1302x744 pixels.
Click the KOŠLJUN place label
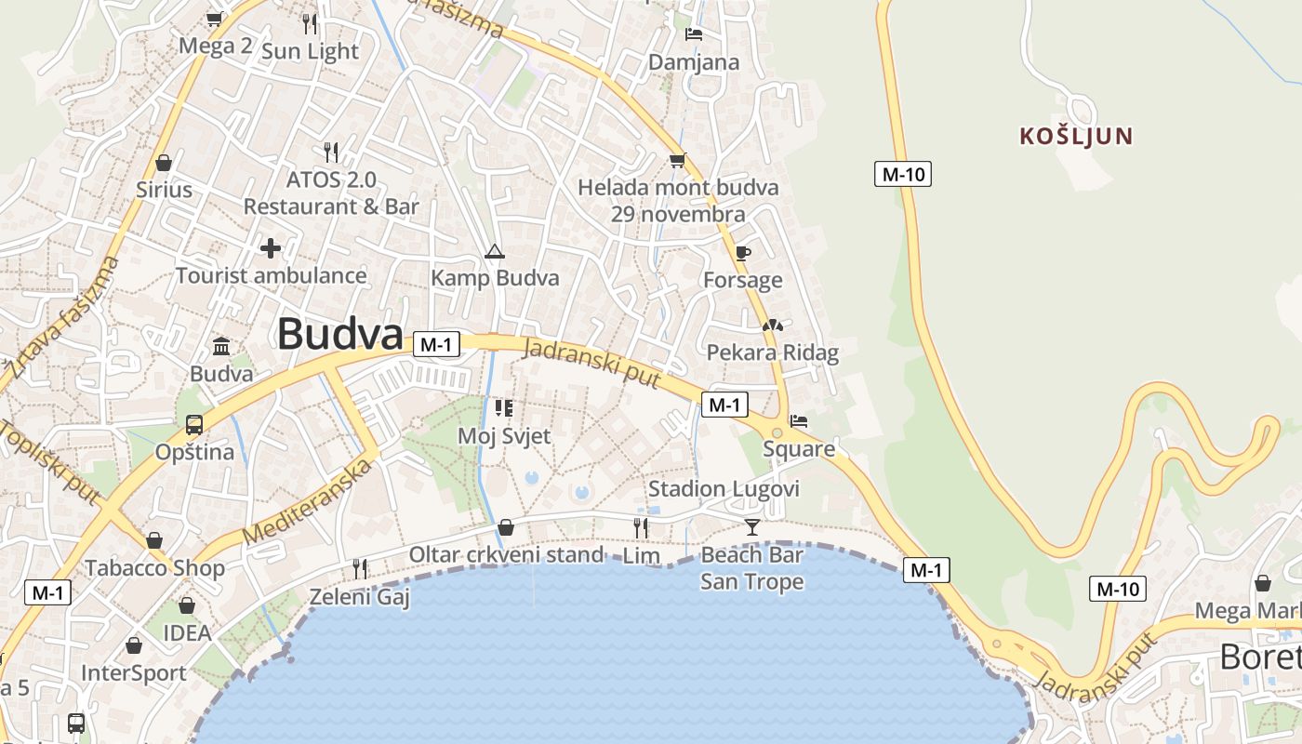pyautogui.click(x=1076, y=137)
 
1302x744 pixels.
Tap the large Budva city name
pyautogui.click(x=339, y=335)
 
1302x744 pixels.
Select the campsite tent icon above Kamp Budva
pyautogui.click(x=495, y=251)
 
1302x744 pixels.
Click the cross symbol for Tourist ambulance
pyautogui.click(x=271, y=248)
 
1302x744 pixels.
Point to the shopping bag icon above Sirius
pyautogui.click(x=164, y=164)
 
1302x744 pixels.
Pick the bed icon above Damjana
pyautogui.click(x=694, y=34)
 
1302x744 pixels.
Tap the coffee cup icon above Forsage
pyautogui.click(x=742, y=253)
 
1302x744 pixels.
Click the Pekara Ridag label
pyautogui.click(x=772, y=352)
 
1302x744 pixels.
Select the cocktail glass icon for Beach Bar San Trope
pyautogui.click(x=751, y=527)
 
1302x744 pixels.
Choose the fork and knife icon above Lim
pyautogui.click(x=641, y=528)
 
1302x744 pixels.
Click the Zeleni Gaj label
pyautogui.click(x=359, y=596)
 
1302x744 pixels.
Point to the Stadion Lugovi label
pyautogui.click(x=724, y=488)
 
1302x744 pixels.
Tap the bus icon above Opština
pyautogui.click(x=193, y=425)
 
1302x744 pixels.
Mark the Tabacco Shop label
pyautogui.click(x=154, y=568)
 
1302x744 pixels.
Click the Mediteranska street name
pyautogui.click(x=307, y=501)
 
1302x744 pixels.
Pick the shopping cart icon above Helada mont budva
pyautogui.click(x=677, y=161)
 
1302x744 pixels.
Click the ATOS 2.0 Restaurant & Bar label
pyautogui.click(x=331, y=193)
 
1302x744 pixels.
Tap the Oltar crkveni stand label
pyautogui.click(x=506, y=554)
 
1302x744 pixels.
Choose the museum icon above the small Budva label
pyautogui.click(x=221, y=347)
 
